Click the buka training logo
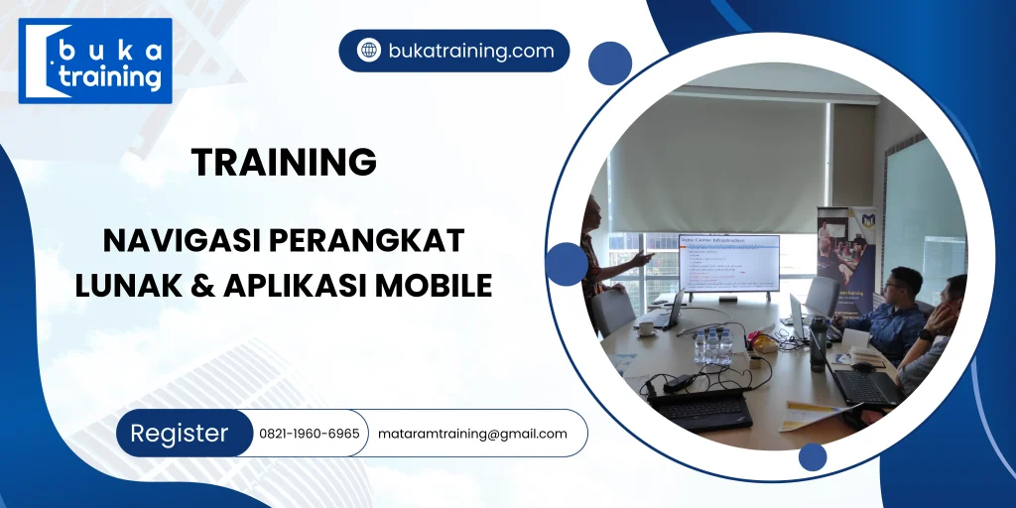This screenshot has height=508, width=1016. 95,61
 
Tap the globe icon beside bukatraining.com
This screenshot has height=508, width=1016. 369,51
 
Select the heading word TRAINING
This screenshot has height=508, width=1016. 284,162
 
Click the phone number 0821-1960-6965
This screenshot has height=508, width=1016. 309,434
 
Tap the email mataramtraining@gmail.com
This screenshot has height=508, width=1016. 472,434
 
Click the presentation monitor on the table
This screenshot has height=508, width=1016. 728,263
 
